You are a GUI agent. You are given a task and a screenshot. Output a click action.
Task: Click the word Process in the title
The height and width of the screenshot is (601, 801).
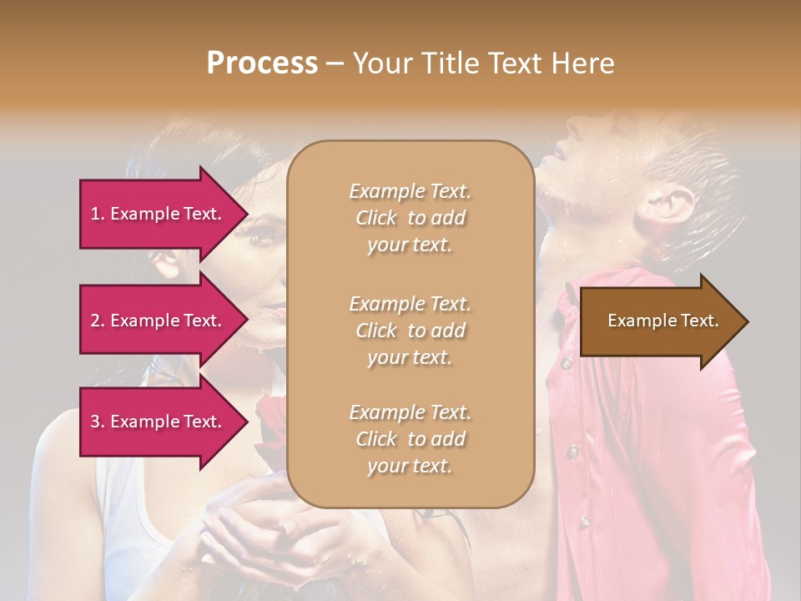[262, 63]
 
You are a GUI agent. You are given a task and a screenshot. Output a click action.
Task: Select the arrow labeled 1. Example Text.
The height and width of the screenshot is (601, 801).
[159, 214]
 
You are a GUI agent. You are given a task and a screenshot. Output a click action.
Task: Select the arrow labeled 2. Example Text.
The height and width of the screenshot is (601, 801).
[159, 321]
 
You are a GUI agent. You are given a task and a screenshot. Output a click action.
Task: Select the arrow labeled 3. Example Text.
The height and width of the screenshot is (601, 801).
[159, 422]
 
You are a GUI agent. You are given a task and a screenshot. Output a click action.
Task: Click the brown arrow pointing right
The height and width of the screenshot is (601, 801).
[659, 321]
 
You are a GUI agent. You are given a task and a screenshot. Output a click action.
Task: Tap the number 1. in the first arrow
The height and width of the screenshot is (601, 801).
[98, 214]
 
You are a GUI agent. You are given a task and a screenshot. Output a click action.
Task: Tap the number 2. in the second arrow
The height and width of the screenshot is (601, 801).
[98, 321]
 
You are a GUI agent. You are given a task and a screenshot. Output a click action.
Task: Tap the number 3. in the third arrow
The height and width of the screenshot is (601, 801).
[98, 422]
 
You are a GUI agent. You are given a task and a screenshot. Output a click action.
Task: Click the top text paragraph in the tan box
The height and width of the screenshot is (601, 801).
[410, 218]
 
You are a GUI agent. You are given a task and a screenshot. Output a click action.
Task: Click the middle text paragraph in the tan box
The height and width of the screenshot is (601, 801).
[410, 331]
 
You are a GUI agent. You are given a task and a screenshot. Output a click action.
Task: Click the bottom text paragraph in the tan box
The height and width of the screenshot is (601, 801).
[410, 439]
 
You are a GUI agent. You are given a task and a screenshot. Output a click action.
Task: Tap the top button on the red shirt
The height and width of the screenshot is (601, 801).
[567, 364]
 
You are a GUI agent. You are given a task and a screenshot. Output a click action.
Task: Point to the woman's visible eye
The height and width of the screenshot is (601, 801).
[265, 236]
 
